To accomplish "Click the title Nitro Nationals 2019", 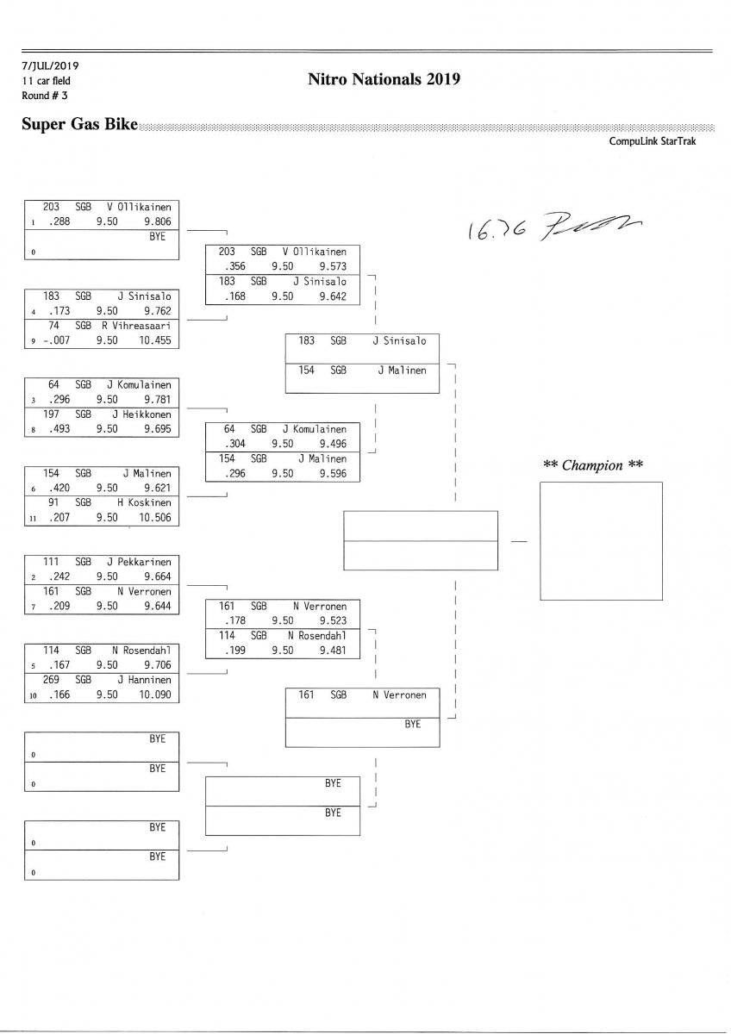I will coord(384,80).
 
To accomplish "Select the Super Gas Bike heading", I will coord(79,125).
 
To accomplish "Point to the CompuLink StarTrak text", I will coord(652,141).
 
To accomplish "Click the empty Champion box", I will coord(601,540).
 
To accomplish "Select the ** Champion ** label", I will coord(593,465).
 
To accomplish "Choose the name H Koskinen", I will coord(145,502).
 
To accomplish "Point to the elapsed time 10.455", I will coord(153,340).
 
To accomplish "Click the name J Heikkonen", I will coord(142,414).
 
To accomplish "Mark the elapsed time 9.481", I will coord(332,651).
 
